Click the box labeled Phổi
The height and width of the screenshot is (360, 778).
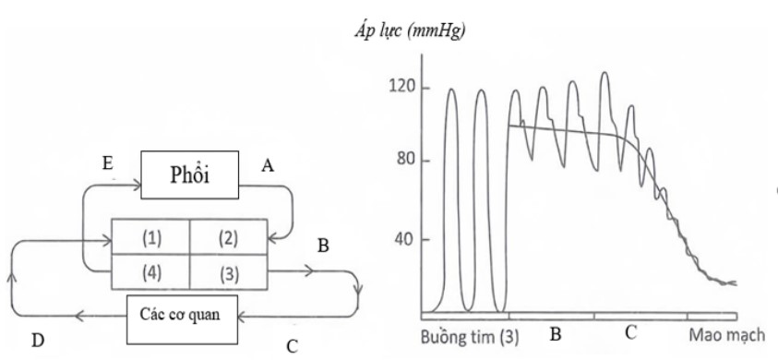[188, 176]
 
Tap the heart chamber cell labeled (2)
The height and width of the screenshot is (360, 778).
[228, 239]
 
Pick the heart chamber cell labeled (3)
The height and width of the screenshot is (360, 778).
[228, 274]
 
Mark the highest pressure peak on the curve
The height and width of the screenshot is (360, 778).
[604, 73]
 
